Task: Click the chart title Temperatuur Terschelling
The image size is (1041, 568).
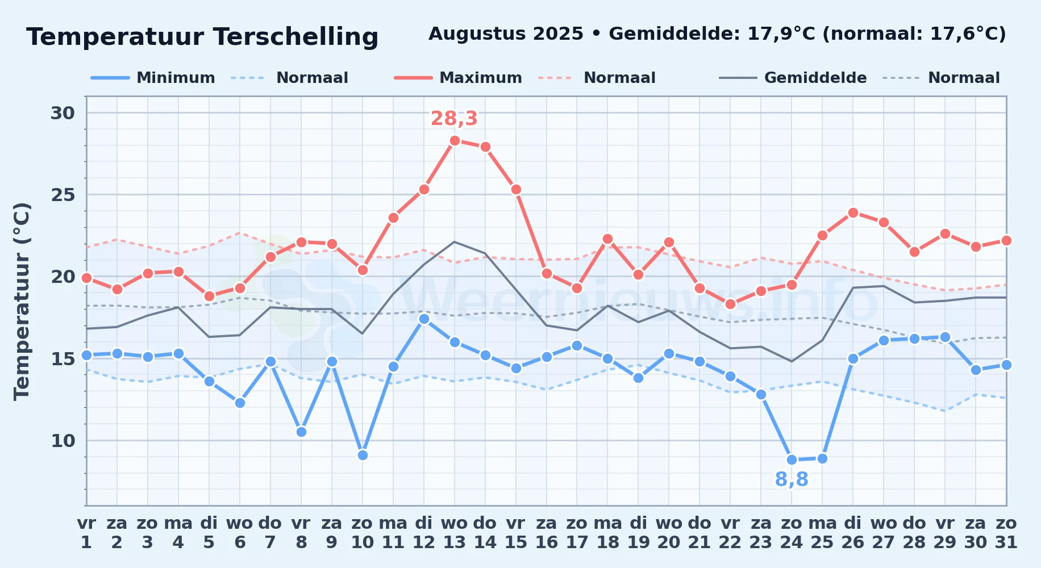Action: tap(202, 37)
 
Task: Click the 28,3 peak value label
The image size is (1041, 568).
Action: tap(454, 119)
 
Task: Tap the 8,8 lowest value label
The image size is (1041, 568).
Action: tap(792, 480)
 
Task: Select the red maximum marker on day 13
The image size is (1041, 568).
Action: tap(455, 141)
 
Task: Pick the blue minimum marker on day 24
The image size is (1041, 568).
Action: tap(792, 460)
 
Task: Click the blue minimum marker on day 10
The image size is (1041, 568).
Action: tap(363, 455)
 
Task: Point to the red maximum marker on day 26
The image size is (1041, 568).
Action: tap(853, 213)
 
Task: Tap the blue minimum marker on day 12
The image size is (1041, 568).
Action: tap(424, 319)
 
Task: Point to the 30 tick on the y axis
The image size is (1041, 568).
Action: tap(63, 113)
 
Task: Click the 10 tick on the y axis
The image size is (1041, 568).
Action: tap(63, 441)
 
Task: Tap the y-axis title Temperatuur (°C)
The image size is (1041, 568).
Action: tap(22, 301)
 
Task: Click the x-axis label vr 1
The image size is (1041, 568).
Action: tap(86, 533)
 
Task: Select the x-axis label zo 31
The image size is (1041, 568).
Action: tap(1006, 533)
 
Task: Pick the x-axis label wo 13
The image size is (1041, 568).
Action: tap(455, 533)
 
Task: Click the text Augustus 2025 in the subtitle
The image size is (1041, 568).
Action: tap(506, 34)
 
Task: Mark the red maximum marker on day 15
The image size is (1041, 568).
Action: tap(516, 190)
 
